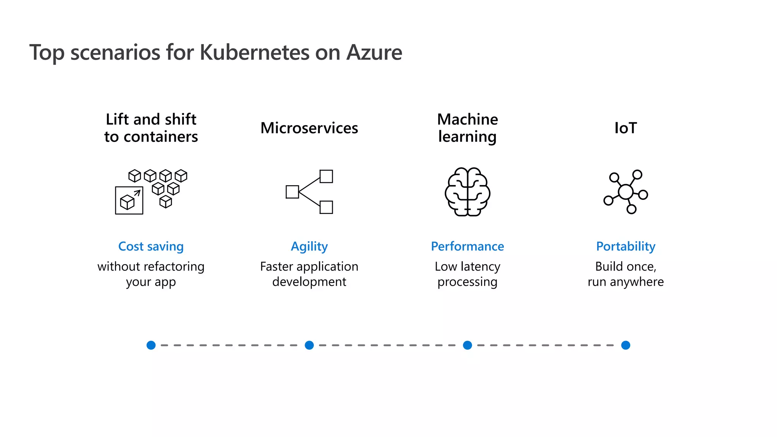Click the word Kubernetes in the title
point(254,52)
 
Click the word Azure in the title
point(374,52)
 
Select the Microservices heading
point(309,128)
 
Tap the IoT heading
point(625,128)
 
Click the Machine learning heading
point(467,128)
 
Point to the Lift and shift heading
point(151,128)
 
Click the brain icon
point(467,192)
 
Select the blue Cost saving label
point(151,247)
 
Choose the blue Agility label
point(309,247)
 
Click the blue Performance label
point(467,247)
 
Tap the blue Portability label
point(626,247)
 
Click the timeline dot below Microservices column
point(309,345)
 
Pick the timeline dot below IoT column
point(626,345)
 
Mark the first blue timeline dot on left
point(151,345)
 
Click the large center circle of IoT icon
point(626,192)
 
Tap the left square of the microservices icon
point(292,192)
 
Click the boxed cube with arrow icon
point(129,201)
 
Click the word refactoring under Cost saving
point(174,267)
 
